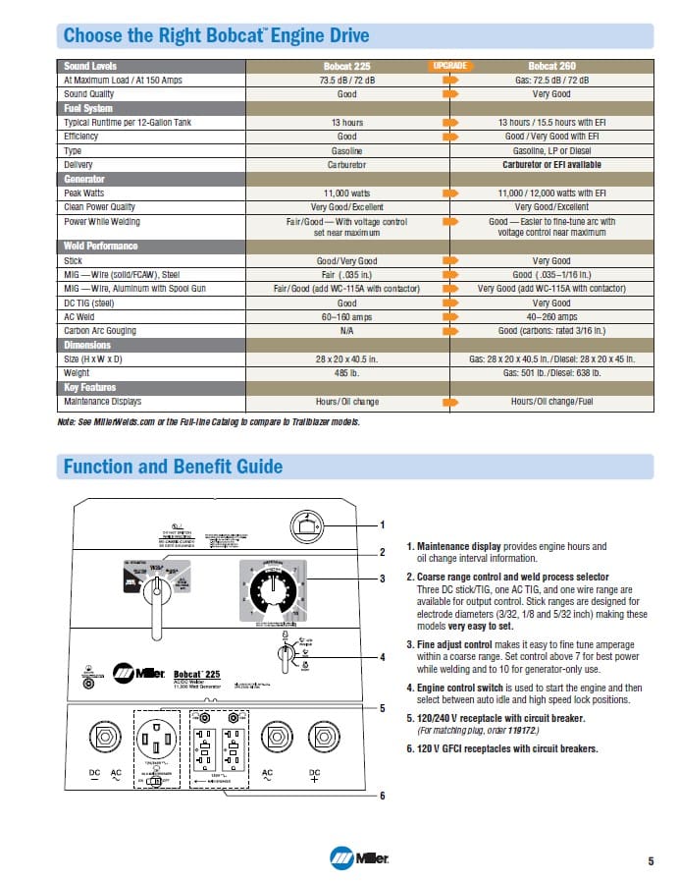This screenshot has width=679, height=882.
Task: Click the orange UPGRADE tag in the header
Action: coord(449,65)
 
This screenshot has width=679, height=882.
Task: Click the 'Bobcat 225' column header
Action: coord(347,66)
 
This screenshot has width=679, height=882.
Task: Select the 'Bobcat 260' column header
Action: coord(550,66)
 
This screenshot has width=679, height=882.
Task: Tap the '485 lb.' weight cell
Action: coord(347,373)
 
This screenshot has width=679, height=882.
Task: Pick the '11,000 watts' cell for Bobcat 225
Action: coord(347,193)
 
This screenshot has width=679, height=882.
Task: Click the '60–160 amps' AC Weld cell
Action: coord(347,317)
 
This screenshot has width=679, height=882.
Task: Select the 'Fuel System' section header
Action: coord(87,108)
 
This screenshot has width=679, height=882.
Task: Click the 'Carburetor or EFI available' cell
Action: coord(550,165)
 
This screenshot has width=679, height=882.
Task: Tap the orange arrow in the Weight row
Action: coord(449,373)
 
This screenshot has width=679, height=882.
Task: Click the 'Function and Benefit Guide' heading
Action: coord(173,467)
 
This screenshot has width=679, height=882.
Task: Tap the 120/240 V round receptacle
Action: coord(158,736)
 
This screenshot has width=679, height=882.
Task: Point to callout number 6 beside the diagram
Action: coord(383,795)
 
